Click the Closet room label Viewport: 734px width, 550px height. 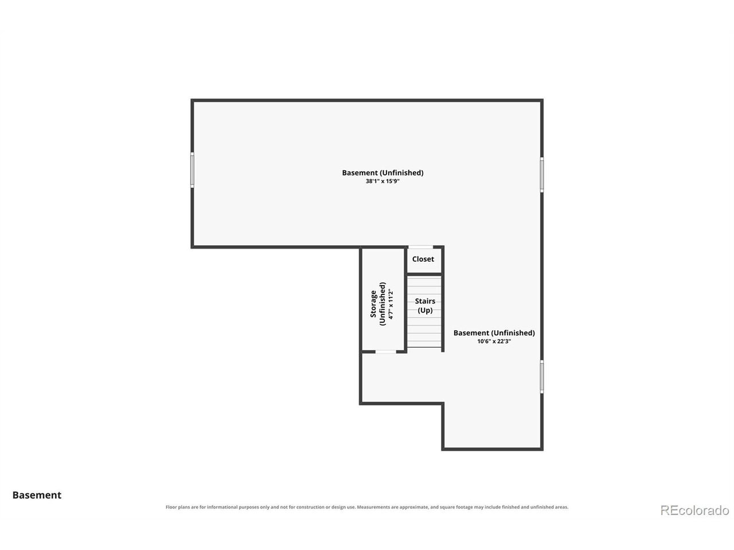[423, 259]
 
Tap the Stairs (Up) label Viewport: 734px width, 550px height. [425, 305]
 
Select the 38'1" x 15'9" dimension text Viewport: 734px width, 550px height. [382, 182]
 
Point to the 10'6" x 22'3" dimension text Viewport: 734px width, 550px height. [494, 341]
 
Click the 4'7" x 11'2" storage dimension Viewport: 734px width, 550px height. [391, 304]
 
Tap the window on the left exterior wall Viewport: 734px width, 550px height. [192, 170]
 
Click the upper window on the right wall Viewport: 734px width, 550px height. [541, 175]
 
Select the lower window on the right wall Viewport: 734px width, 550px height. [541, 376]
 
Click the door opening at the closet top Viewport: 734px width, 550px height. [420, 247]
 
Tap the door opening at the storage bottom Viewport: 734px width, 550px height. [385, 352]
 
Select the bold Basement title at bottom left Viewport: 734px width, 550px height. [37, 495]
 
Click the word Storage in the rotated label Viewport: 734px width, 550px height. [373, 304]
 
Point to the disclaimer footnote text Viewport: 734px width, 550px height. [367, 507]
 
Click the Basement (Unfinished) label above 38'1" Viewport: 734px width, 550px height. [382, 172]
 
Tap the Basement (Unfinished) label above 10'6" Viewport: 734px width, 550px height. [494, 333]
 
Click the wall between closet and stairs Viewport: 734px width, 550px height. [424, 274]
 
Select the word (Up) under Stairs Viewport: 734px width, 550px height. [425, 310]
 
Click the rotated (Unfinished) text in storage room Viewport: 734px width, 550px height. [382, 304]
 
